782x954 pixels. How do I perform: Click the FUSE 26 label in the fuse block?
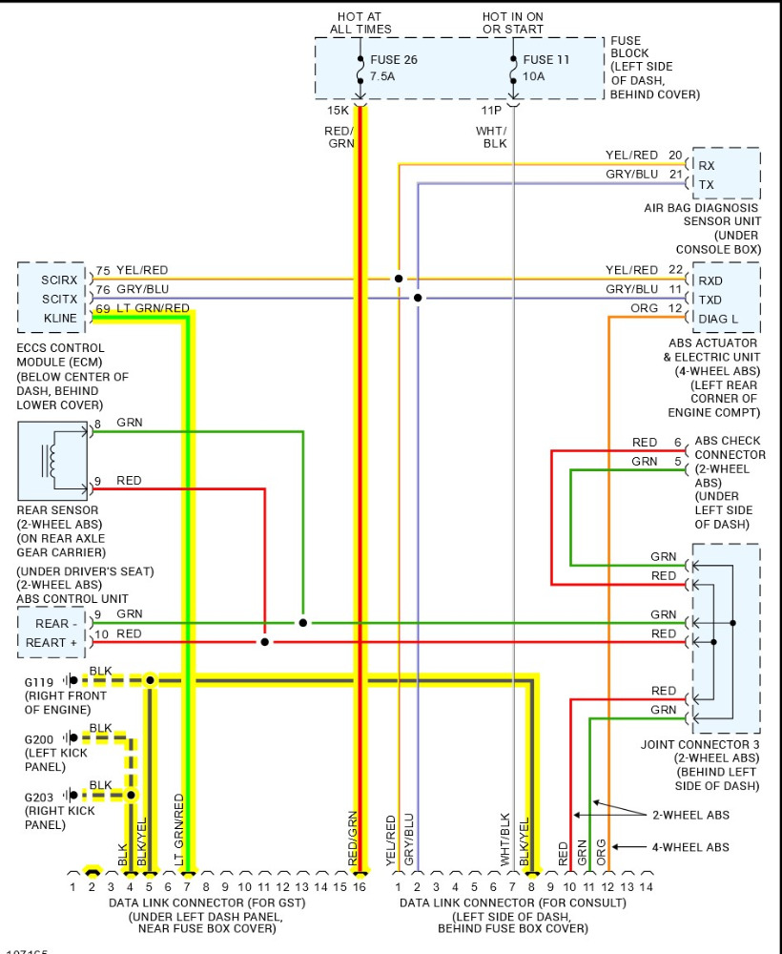coord(393,60)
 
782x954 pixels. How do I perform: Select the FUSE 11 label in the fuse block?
coord(545,60)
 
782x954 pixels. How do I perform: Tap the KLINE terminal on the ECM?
coord(60,318)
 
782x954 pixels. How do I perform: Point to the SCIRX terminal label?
coord(59,280)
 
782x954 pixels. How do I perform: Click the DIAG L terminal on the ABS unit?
coord(718,319)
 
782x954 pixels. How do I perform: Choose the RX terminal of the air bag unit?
coord(707,165)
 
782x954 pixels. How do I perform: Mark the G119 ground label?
coord(40,681)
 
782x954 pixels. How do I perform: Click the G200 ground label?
coord(40,738)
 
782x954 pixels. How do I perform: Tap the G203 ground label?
coord(40,796)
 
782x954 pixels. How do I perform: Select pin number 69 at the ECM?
coord(102,309)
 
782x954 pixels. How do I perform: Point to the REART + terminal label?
coord(51,643)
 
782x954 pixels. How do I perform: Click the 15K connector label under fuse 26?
coord(338,111)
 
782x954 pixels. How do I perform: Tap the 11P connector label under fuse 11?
coord(491,111)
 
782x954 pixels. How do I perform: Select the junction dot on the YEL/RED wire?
coord(399,280)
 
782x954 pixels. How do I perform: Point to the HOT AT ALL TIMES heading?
coord(360,23)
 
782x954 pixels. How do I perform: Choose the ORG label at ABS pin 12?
coord(645,308)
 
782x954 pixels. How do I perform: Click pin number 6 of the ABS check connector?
coord(678,443)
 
